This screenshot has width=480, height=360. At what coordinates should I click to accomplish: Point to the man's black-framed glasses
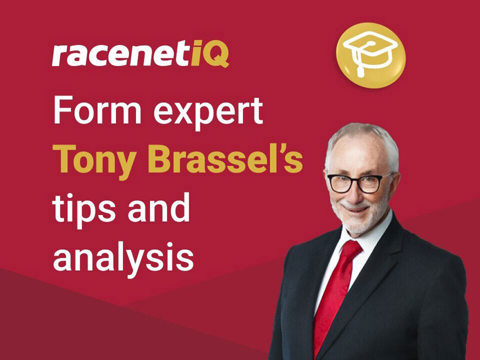(x=356, y=183)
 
